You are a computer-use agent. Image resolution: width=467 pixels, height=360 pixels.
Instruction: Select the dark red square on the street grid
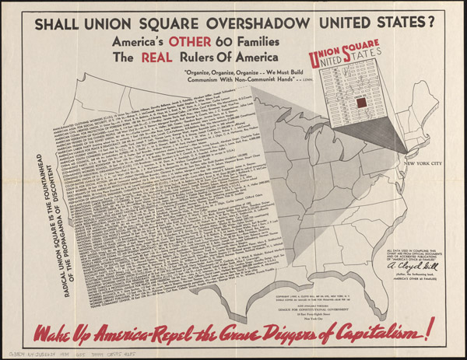coord(360,103)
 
